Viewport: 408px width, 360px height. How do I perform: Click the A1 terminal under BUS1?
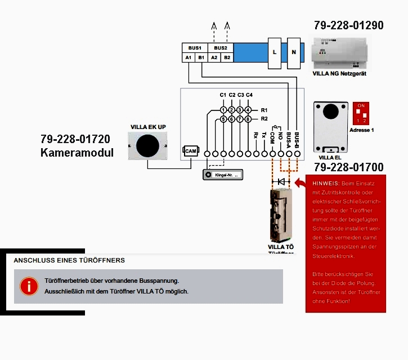click(188, 57)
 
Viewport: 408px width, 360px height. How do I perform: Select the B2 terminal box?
click(227, 57)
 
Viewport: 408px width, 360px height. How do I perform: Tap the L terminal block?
click(274, 52)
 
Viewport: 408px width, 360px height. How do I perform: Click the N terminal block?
click(294, 52)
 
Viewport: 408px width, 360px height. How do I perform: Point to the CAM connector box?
click(190, 151)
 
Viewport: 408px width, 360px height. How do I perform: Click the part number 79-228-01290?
click(348, 25)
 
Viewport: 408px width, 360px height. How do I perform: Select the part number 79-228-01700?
click(348, 167)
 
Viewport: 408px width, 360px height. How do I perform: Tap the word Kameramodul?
click(77, 153)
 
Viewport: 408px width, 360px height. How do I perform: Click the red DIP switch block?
click(361, 113)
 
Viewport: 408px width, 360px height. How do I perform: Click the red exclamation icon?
click(29, 286)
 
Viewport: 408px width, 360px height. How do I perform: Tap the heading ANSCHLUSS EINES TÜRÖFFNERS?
click(69, 260)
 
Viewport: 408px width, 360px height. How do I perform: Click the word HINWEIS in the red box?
click(325, 184)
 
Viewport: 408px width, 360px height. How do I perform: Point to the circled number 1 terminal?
click(223, 110)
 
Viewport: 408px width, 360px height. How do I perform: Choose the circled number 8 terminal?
click(248, 119)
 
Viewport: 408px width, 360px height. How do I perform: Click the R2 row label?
click(264, 119)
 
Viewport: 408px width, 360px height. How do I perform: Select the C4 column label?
click(249, 95)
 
